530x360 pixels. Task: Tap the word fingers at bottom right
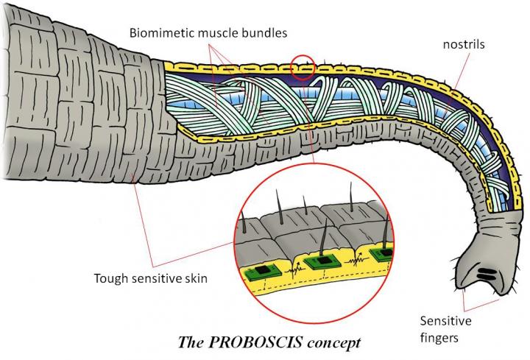tap(439, 339)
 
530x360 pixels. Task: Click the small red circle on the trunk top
tap(303, 66)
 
